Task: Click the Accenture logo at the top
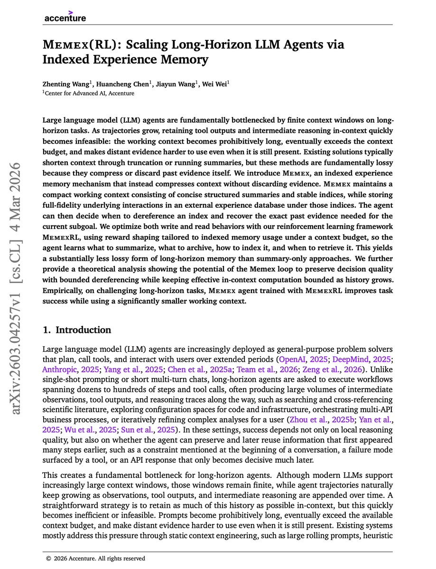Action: click(x=65, y=17)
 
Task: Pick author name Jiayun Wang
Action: click(x=175, y=84)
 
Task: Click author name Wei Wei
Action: click(x=214, y=84)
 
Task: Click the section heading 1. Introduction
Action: click(x=77, y=330)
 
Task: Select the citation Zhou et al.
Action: click(x=311, y=420)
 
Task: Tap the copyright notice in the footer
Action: click(x=95, y=559)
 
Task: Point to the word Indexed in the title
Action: click(x=68, y=60)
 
